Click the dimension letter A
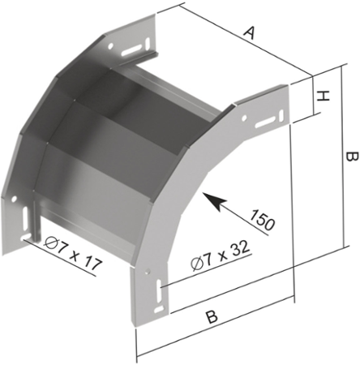(249, 32)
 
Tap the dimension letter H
(323, 97)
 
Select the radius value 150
(262, 221)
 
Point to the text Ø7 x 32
(220, 255)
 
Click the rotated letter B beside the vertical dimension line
(352, 157)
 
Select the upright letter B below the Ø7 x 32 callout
(212, 316)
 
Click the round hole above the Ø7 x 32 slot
(148, 272)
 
